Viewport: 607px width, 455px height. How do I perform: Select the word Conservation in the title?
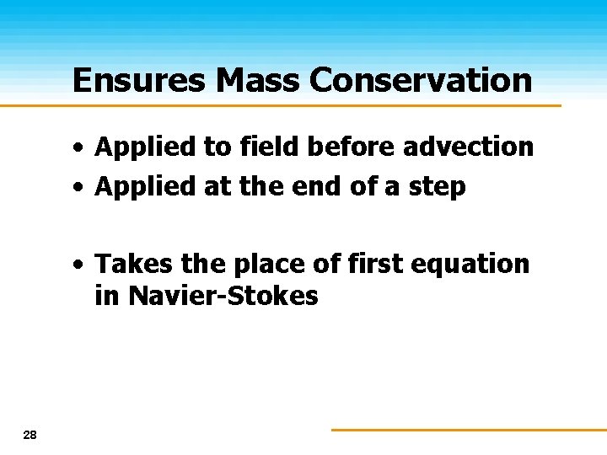tap(421, 80)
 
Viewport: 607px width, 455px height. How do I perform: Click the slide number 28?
tap(30, 435)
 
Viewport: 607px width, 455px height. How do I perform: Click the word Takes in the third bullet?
tap(135, 264)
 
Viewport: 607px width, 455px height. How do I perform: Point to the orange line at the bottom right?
tap(468, 429)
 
